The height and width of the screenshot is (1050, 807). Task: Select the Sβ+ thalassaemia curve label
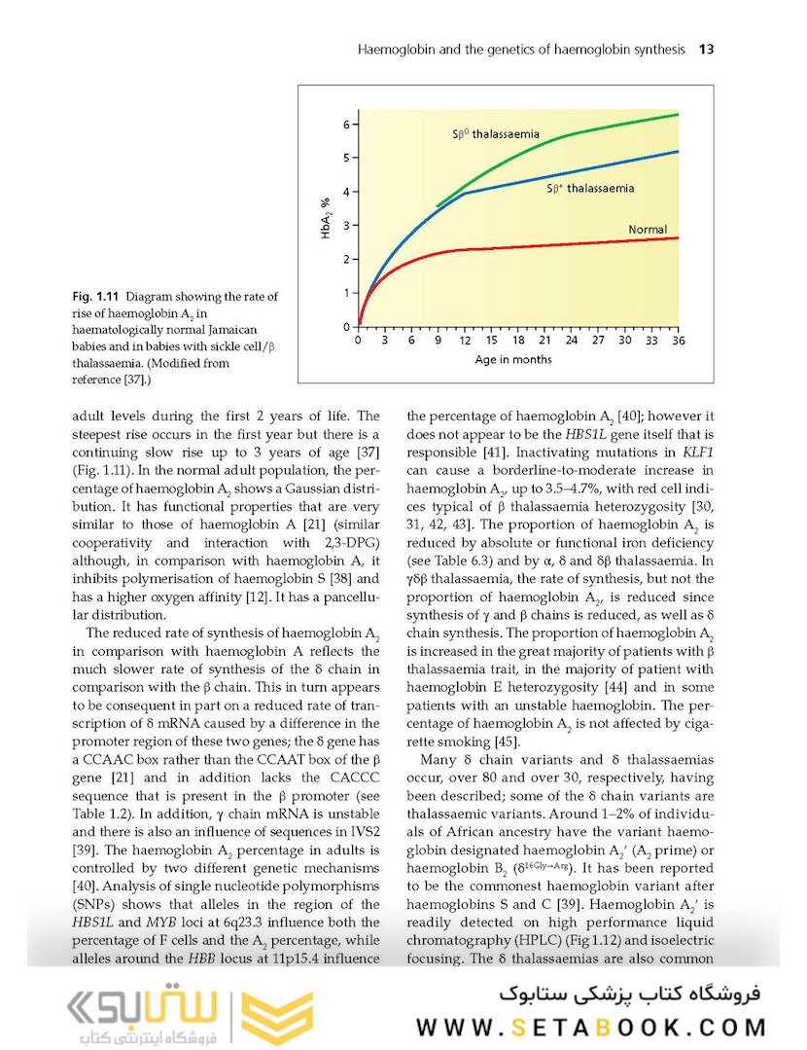[x=590, y=188]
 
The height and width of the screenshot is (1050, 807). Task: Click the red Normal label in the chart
[x=647, y=230]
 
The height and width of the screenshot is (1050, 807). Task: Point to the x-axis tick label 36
[x=678, y=341]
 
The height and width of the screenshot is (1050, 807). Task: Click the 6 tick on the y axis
[x=345, y=125]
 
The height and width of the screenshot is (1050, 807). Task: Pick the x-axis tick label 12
[x=465, y=341]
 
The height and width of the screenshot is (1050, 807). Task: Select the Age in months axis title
[x=512, y=359]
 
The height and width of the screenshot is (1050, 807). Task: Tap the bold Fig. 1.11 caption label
[x=96, y=296]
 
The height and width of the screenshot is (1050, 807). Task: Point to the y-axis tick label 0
[x=346, y=327]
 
